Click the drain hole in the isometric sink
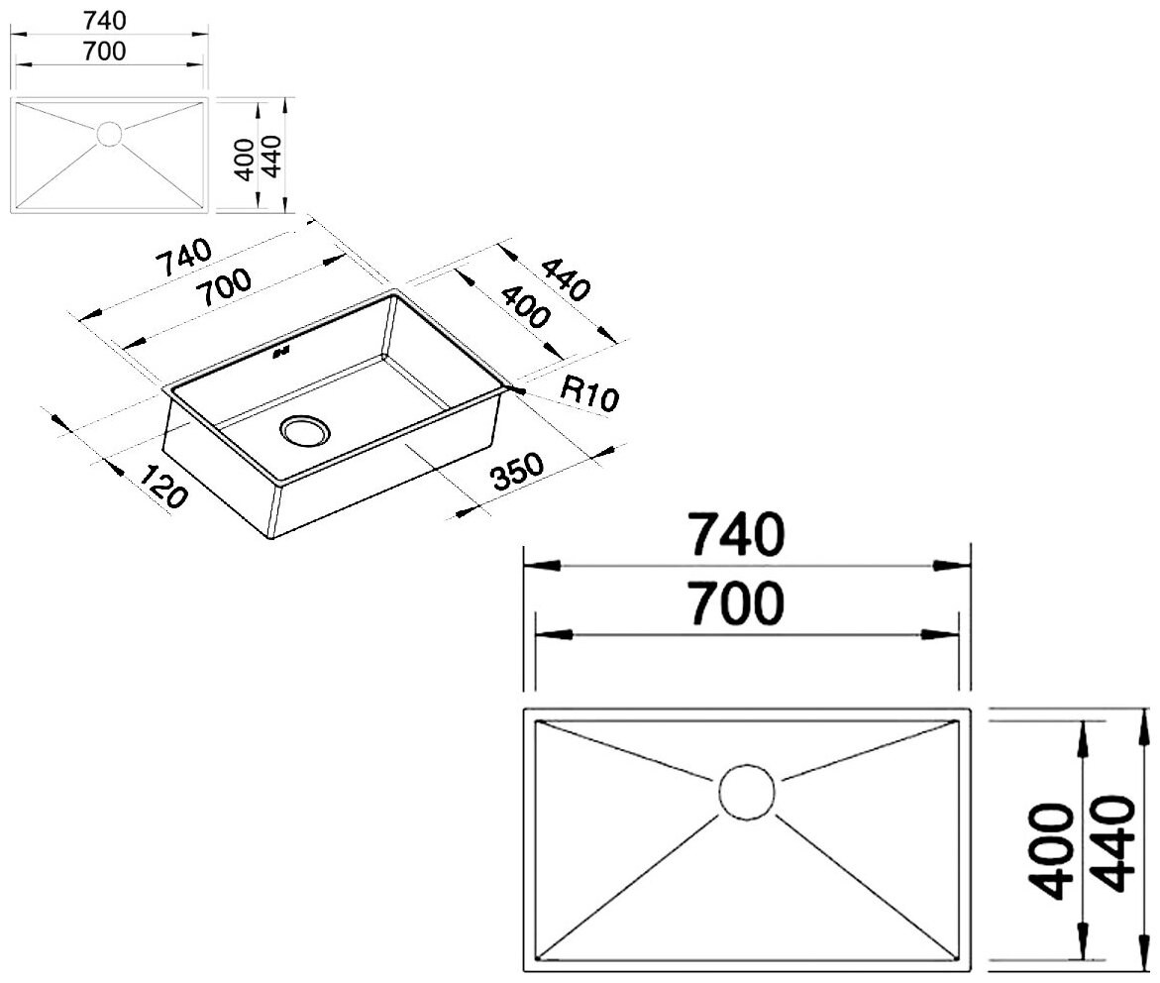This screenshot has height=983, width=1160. [305, 430]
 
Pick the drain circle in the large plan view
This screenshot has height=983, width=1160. [747, 793]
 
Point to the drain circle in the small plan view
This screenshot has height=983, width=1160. [109, 134]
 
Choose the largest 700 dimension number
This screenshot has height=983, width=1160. [737, 604]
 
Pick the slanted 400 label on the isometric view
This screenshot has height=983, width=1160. [524, 306]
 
